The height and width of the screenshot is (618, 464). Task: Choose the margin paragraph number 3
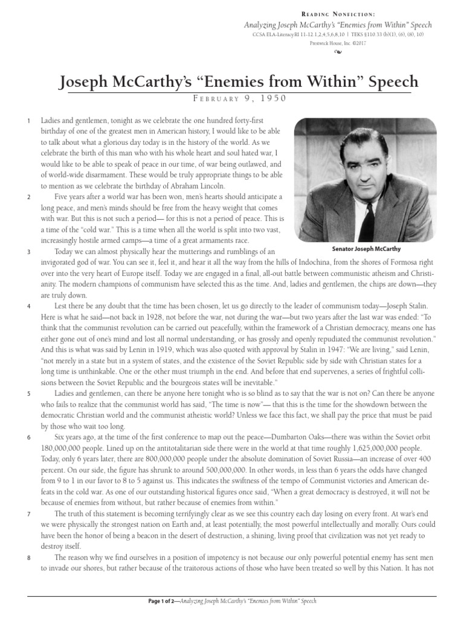(29, 251)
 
